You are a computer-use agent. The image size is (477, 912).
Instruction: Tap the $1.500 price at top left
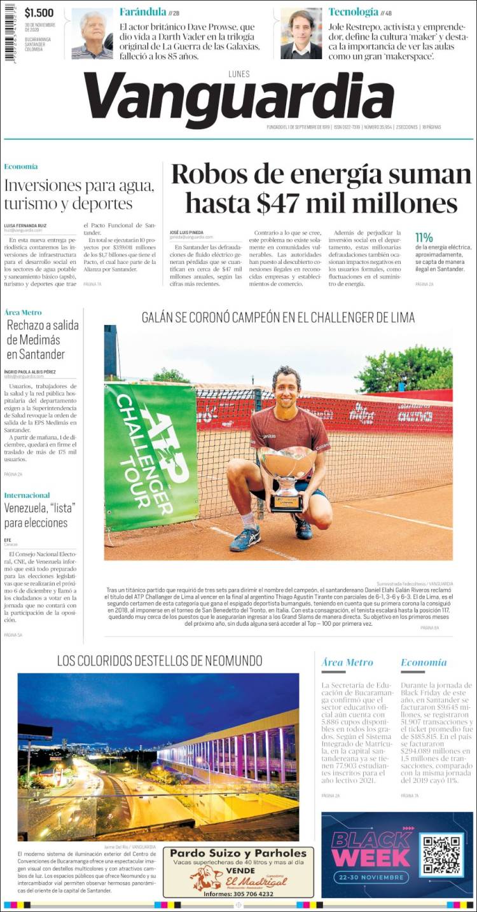coord(39,13)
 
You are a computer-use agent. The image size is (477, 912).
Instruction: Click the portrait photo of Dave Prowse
coord(92,34)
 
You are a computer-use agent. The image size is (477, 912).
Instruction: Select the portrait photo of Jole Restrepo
coord(301,34)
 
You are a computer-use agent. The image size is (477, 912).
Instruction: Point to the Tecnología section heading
coord(353,11)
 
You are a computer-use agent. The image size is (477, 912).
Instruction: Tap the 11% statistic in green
coord(424,237)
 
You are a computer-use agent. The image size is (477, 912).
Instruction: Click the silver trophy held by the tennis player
coord(287,475)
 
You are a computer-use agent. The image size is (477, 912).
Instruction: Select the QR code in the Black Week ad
coord(442,855)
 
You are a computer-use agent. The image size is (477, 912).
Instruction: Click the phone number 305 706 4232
coord(238,894)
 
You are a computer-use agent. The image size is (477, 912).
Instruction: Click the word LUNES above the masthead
coord(238,74)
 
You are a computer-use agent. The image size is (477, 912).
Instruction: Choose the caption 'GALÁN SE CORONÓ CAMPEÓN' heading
coord(278,317)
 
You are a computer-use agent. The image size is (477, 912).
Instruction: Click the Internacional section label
coord(27,495)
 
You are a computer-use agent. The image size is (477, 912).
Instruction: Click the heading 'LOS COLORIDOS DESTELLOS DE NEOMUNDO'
coord(159,660)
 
